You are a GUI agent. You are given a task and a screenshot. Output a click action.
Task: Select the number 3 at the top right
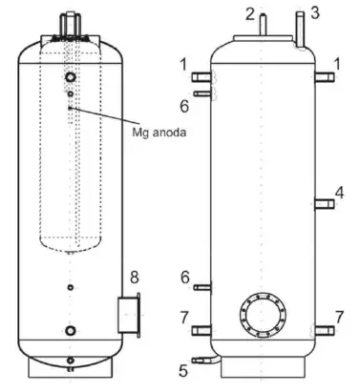click(317, 12)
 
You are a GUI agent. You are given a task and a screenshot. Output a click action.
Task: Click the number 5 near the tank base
click(183, 367)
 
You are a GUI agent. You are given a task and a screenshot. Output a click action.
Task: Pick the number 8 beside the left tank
click(135, 278)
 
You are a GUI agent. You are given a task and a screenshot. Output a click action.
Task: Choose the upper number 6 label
click(184, 103)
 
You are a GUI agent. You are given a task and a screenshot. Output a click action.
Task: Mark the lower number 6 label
click(184, 278)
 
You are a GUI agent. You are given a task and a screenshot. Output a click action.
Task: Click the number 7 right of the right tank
click(339, 316)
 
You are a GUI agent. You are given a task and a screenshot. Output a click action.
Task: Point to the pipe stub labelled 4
click(324, 202)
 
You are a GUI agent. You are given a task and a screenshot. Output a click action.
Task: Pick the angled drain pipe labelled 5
click(202, 360)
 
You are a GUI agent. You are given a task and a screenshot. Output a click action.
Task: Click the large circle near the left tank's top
click(71, 76)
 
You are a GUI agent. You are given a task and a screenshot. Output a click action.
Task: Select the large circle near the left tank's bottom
click(71, 330)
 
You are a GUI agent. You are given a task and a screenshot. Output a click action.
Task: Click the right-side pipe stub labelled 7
click(325, 330)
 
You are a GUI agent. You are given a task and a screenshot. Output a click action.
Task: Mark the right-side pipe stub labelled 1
click(325, 77)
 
